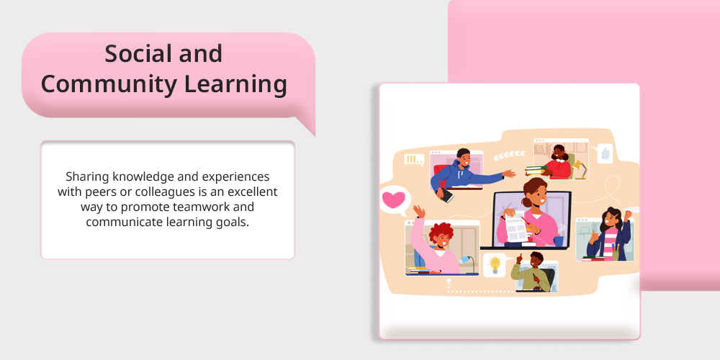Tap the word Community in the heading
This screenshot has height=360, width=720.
[109, 84]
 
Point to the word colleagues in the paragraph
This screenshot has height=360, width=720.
[168, 192]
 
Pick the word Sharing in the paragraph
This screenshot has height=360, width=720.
[88, 177]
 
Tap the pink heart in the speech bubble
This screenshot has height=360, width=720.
[394, 199]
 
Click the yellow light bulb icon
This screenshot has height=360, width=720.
[495, 265]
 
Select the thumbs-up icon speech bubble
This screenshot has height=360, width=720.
[605, 153]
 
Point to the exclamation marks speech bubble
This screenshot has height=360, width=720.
[414, 160]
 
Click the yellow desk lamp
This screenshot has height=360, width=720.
[580, 169]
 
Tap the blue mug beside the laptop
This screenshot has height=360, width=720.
[558, 241]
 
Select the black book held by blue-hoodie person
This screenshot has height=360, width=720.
[446, 195]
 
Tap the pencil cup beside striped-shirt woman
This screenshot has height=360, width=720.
[616, 253]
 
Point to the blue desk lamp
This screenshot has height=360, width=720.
[467, 264]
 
